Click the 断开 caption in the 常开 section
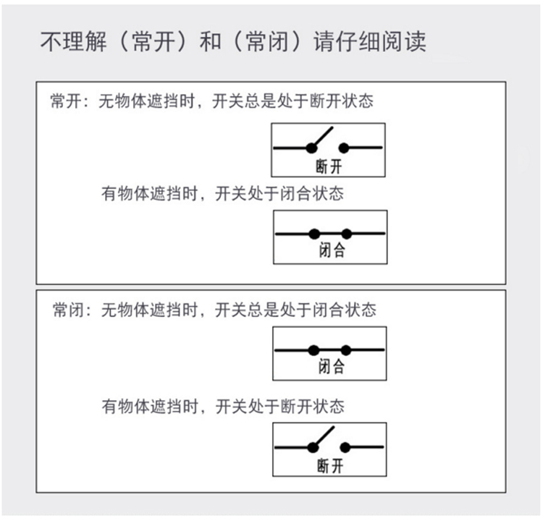329,167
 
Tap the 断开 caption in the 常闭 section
329,465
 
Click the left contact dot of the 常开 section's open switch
311,148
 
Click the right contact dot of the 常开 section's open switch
344,148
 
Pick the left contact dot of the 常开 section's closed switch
313,234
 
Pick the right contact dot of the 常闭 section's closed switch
346,350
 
